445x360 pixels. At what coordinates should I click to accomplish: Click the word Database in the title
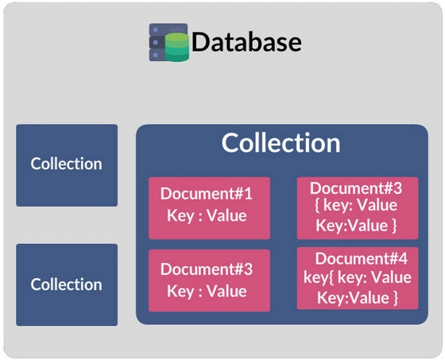click(x=246, y=42)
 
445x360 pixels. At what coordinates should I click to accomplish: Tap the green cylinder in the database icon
click(x=177, y=47)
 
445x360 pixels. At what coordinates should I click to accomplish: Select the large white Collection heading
click(x=281, y=143)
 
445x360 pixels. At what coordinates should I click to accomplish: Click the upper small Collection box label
click(x=67, y=164)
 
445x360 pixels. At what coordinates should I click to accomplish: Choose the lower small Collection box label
click(x=67, y=285)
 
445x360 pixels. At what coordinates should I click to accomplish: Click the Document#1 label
click(x=207, y=193)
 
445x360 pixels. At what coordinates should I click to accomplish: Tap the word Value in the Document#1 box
click(x=226, y=215)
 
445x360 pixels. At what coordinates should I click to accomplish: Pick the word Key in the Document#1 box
click(x=180, y=216)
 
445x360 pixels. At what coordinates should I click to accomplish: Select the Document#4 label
click(x=362, y=258)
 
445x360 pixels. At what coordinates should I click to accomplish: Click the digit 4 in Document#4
click(x=403, y=258)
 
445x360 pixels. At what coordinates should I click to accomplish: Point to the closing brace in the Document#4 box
click(x=396, y=298)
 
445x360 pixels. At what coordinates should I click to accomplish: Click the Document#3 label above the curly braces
click(x=356, y=188)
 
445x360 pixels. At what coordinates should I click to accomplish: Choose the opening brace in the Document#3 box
click(x=318, y=205)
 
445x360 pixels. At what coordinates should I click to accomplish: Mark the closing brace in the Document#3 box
click(x=394, y=226)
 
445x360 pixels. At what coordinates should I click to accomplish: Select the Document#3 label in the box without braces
click(x=207, y=269)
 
